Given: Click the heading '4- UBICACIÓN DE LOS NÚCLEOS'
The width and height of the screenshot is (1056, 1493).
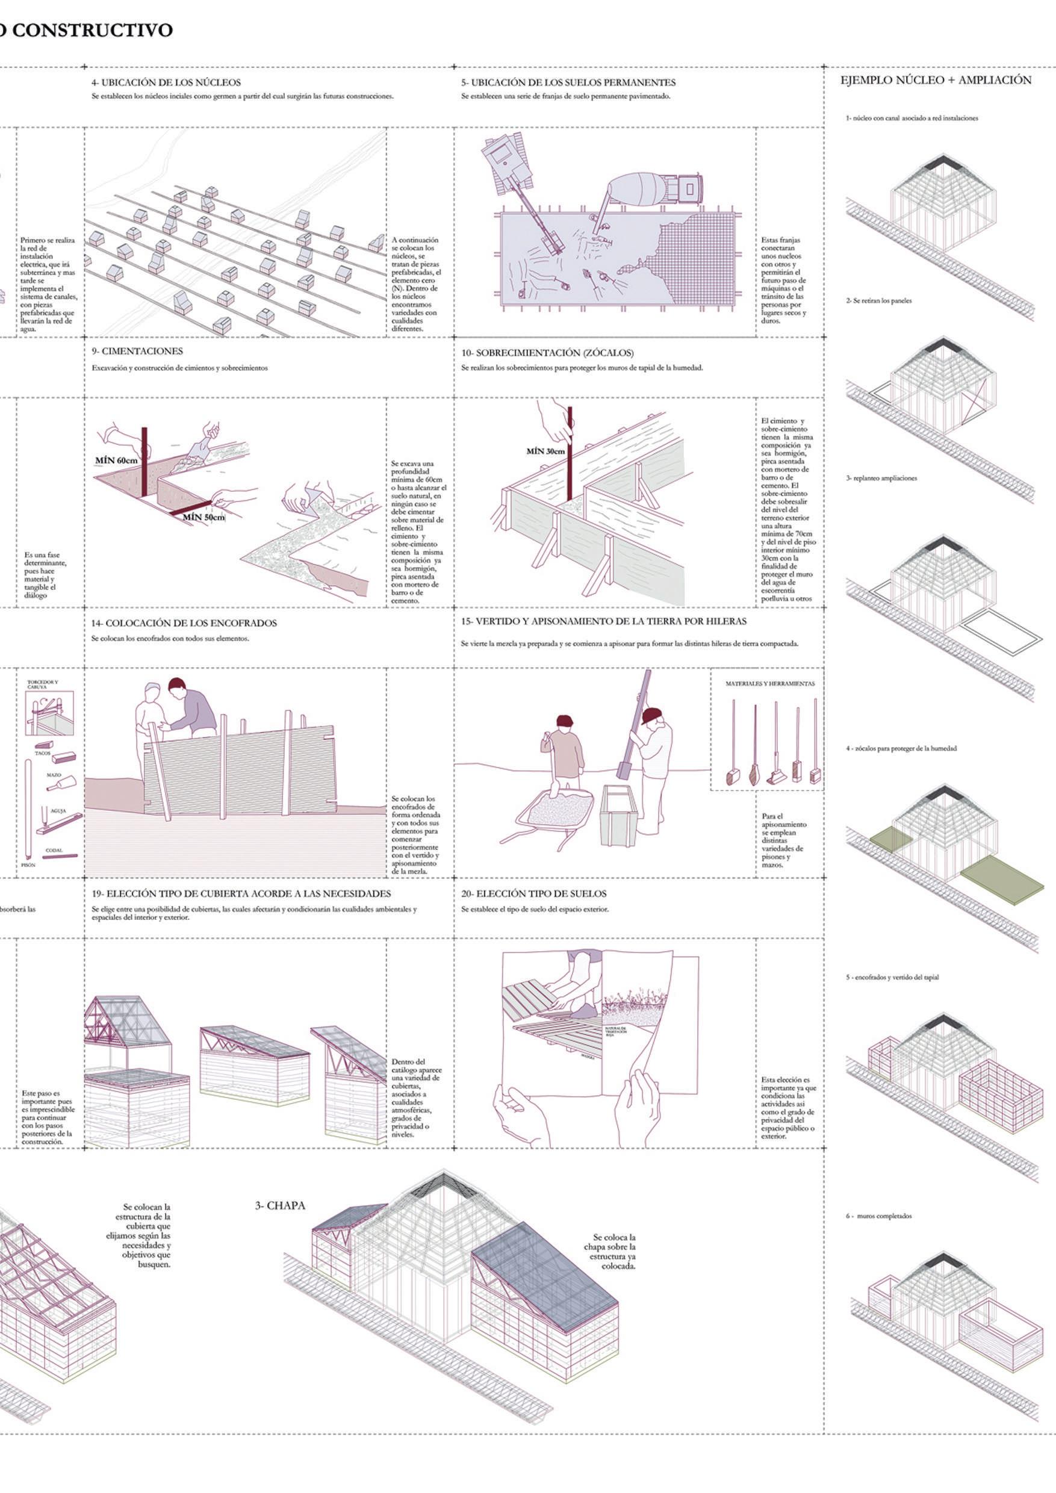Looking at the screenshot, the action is pyautogui.click(x=166, y=82).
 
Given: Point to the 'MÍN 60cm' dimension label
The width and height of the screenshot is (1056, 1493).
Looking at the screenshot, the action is pyautogui.click(x=116, y=461).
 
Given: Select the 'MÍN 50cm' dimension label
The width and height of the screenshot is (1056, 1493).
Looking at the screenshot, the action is pyautogui.click(x=204, y=518).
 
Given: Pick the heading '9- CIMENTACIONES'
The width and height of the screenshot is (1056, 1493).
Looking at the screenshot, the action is pyautogui.click(x=137, y=352).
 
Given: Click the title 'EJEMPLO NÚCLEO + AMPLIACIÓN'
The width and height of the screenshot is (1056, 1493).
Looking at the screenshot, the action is pyautogui.click(x=936, y=80).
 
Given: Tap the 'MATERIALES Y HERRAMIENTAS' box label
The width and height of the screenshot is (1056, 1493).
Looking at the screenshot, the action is pyautogui.click(x=770, y=684).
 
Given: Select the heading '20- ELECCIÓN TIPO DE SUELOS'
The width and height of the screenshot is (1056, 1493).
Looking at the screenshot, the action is pyautogui.click(x=534, y=894).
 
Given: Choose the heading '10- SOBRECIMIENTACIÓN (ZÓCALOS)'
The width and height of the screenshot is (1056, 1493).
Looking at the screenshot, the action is pyautogui.click(x=547, y=353).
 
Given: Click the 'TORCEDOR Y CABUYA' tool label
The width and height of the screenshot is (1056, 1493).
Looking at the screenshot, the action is pyautogui.click(x=42, y=684).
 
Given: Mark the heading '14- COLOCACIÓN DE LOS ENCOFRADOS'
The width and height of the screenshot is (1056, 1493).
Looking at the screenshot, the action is pyautogui.click(x=184, y=623).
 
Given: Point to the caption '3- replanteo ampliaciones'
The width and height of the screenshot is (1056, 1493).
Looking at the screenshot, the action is pyautogui.click(x=882, y=478).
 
